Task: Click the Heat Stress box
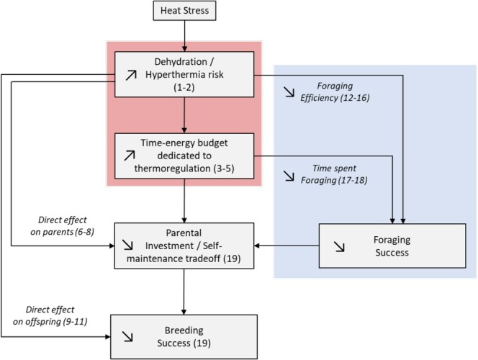point(185,12)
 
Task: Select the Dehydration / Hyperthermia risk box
point(186,74)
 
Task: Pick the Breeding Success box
point(185,336)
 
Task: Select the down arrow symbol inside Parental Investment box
point(130,244)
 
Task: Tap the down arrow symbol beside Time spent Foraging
point(288,175)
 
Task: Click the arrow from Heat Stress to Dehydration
point(185,36)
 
